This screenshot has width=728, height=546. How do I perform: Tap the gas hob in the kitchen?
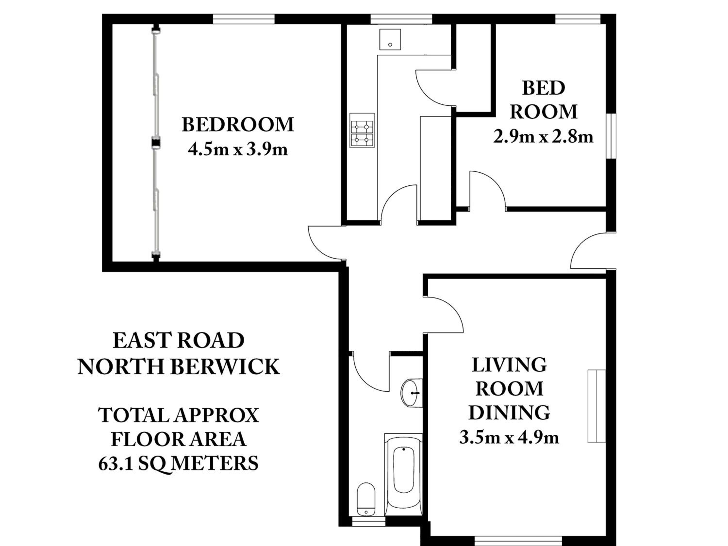click(x=362, y=130)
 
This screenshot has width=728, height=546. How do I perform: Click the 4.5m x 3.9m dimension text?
click(x=238, y=150)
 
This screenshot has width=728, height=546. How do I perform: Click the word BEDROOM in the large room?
click(x=238, y=125)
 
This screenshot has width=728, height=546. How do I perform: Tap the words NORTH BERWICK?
click(x=179, y=367)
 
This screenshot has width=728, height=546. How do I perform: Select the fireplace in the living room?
click(x=597, y=406)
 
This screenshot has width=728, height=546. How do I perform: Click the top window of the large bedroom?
click(x=244, y=19)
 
